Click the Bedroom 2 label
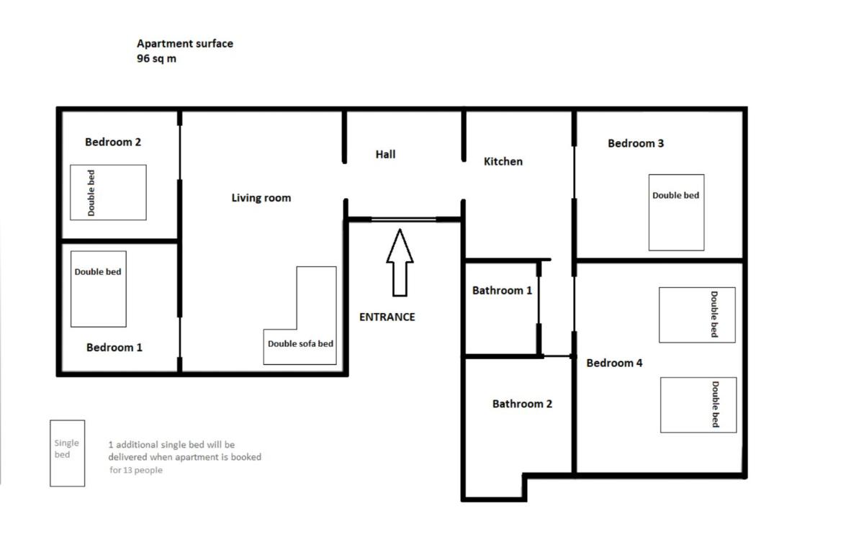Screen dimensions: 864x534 pyautogui.click(x=113, y=142)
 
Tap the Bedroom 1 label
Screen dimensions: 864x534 pyautogui.click(x=114, y=348)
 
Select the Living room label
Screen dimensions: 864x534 pyautogui.click(x=261, y=198)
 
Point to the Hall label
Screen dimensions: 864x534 pyautogui.click(x=385, y=154)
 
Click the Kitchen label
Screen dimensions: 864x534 pyautogui.click(x=503, y=161)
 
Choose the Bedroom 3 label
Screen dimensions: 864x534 pyautogui.click(x=636, y=143)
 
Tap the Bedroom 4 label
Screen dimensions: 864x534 pyautogui.click(x=614, y=363)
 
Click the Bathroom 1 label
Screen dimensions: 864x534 pyautogui.click(x=502, y=290)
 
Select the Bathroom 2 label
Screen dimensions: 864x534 pyautogui.click(x=522, y=404)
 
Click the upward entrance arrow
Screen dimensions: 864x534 pyautogui.click(x=400, y=263)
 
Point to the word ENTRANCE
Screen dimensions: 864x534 pyautogui.click(x=387, y=317)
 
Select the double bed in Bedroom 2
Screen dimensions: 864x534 pyautogui.click(x=108, y=192)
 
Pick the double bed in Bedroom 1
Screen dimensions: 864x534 pyautogui.click(x=99, y=289)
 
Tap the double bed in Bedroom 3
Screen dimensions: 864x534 pyautogui.click(x=676, y=212)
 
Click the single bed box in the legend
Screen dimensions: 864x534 pyautogui.click(x=67, y=453)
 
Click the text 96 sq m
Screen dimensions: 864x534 pyautogui.click(x=156, y=58)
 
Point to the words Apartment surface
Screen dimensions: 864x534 pyautogui.click(x=185, y=44)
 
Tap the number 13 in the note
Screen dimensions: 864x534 pyautogui.click(x=127, y=470)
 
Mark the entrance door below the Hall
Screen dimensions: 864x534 pyautogui.click(x=404, y=220)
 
